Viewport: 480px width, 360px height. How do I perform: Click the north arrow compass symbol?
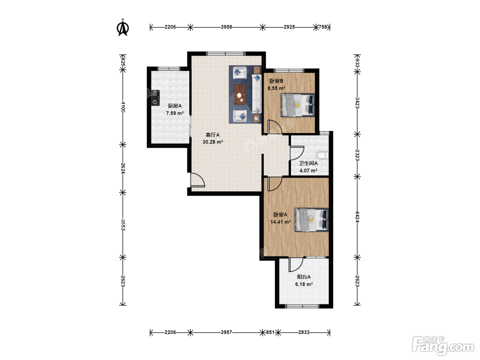pyautogui.click(x=123, y=28)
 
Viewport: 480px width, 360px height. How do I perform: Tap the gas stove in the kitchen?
pyautogui.click(x=155, y=98)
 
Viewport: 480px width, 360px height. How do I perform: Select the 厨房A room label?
pyautogui.click(x=175, y=106)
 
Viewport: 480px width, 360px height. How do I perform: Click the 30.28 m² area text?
pyautogui.click(x=213, y=142)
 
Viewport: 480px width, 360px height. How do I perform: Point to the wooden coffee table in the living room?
pyautogui.click(x=240, y=94)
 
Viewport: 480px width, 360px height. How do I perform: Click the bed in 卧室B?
pyautogui.click(x=298, y=105)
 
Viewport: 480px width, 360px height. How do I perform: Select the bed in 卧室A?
pyautogui.click(x=311, y=220)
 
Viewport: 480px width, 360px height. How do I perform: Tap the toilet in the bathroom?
pyautogui.click(x=323, y=155)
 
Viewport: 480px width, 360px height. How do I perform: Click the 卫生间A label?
pyautogui.click(x=308, y=163)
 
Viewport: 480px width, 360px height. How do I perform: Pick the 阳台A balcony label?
pyautogui.click(x=304, y=277)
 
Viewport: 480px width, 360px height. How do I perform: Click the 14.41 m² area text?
pyautogui.click(x=280, y=222)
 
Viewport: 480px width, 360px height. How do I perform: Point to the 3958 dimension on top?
pyautogui.click(x=226, y=27)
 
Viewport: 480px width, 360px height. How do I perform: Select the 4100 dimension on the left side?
pyautogui.click(x=123, y=107)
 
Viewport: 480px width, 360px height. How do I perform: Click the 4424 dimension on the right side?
pyautogui.click(x=357, y=217)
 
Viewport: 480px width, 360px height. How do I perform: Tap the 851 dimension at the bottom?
pyautogui.click(x=270, y=332)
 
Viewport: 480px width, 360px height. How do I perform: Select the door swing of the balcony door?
pyautogui.click(x=296, y=265)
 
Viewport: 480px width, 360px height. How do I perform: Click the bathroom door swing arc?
pyautogui.click(x=297, y=153)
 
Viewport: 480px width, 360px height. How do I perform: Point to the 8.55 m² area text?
pyautogui.click(x=276, y=88)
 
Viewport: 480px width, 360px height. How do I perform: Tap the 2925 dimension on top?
pyautogui.click(x=289, y=27)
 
